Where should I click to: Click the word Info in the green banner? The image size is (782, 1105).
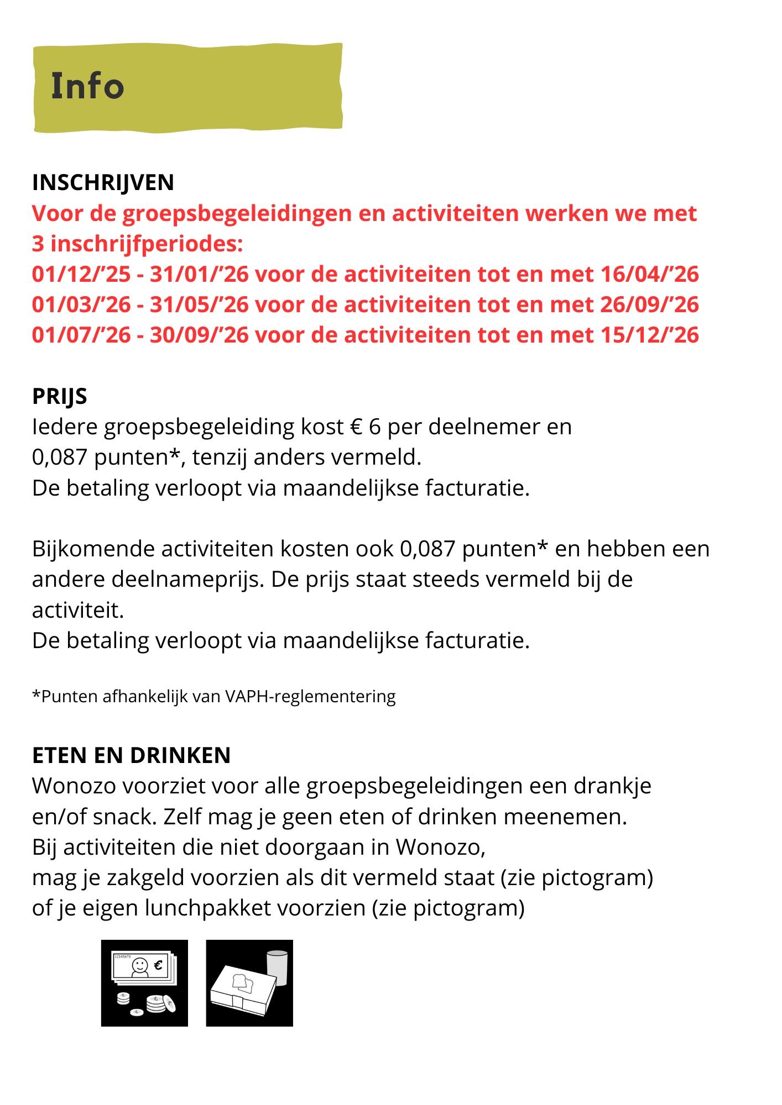(87, 86)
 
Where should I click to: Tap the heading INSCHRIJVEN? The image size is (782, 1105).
(103, 182)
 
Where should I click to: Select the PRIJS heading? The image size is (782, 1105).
(59, 396)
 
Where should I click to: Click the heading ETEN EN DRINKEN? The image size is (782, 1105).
(131, 755)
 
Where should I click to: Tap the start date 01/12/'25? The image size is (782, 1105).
(81, 274)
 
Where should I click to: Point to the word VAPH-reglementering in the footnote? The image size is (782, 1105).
(310, 696)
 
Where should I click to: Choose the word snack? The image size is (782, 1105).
(128, 817)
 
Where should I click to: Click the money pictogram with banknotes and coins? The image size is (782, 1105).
(144, 983)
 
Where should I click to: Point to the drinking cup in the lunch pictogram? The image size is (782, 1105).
(277, 967)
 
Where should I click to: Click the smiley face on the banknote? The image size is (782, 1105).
(140, 965)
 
